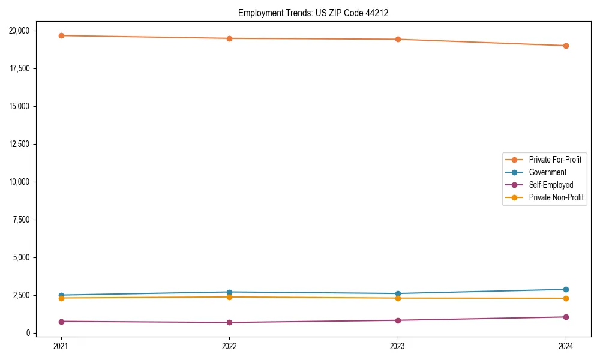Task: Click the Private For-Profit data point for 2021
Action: click(x=61, y=35)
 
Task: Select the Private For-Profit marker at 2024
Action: click(x=566, y=46)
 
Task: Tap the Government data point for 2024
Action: click(x=566, y=289)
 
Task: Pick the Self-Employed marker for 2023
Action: click(x=398, y=320)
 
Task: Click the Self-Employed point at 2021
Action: click(x=61, y=322)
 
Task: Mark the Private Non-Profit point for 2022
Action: click(x=229, y=297)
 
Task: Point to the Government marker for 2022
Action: click(x=229, y=292)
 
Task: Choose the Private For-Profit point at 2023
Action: click(x=398, y=39)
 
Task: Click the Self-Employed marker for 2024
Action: click(x=566, y=317)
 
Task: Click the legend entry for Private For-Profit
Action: click(x=554, y=160)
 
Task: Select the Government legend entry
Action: click(x=547, y=172)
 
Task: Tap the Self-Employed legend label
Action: click(x=551, y=185)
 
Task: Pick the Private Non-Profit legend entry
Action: click(x=556, y=197)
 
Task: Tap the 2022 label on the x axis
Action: click(x=229, y=346)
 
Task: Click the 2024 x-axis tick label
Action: click(x=566, y=346)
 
